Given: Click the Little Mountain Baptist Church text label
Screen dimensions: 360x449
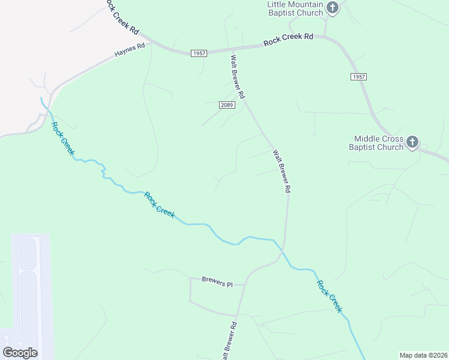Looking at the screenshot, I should click(x=295, y=8).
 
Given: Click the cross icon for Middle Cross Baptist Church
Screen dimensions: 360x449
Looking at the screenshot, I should click(x=412, y=142).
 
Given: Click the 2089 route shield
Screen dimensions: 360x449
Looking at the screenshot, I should click(x=226, y=105).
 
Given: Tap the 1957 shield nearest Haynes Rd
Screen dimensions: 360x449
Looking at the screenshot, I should click(x=199, y=53).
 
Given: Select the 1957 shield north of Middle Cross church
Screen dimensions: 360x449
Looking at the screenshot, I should click(x=358, y=77).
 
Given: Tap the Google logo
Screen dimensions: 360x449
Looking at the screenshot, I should click(x=20, y=352).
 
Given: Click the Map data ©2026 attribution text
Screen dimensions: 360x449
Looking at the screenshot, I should click(x=423, y=355).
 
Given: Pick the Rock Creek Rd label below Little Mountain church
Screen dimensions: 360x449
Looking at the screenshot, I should click(x=288, y=40).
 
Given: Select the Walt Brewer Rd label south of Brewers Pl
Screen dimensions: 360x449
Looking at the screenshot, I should click(x=229, y=340).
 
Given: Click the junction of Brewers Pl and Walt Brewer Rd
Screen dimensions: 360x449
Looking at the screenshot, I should click(x=244, y=285).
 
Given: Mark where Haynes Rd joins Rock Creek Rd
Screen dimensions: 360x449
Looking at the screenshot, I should click(x=155, y=43).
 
